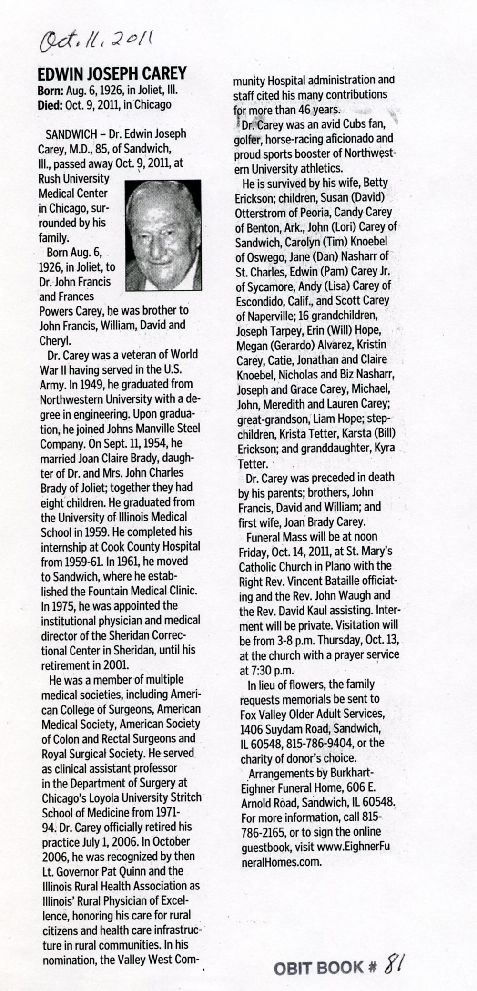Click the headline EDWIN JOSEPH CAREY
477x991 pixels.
(112, 74)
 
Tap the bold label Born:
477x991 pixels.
(49, 90)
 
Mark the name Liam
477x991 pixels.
(325, 419)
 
